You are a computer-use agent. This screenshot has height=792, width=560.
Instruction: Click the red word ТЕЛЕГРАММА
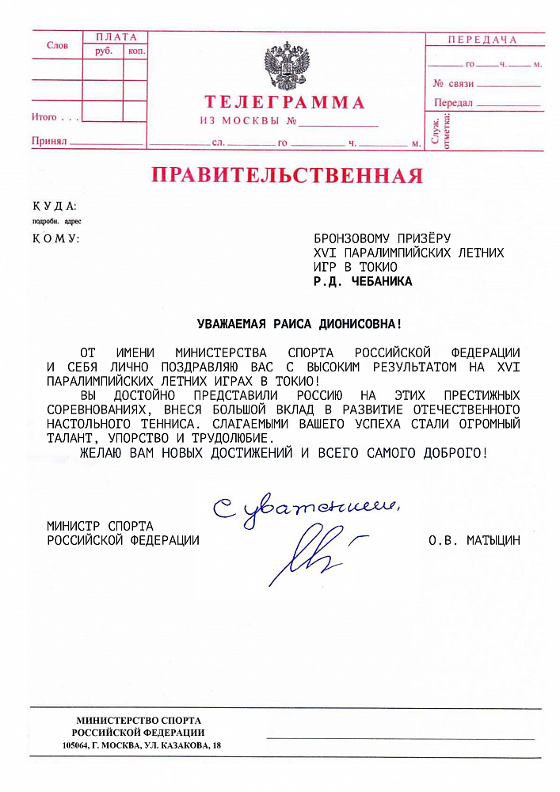pos(285,102)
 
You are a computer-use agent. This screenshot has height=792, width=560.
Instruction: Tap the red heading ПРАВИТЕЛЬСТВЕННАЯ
pos(288,175)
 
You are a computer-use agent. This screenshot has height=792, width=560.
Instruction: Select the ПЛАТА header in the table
pos(116,37)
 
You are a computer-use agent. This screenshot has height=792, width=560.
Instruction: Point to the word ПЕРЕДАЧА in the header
pos(482,40)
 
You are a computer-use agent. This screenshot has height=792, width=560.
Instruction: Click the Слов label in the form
pos(57,46)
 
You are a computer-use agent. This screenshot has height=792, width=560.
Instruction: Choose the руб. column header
pos(104,51)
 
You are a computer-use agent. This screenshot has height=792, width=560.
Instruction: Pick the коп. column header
pos(136,51)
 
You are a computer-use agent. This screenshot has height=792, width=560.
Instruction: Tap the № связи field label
pos(453,83)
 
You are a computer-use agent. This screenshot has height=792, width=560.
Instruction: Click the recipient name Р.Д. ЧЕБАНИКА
pos(363,280)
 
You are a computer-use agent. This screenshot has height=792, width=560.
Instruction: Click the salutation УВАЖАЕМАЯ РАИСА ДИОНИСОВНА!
pos(299,323)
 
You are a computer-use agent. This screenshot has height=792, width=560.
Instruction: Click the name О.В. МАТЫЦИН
pos(474,540)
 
